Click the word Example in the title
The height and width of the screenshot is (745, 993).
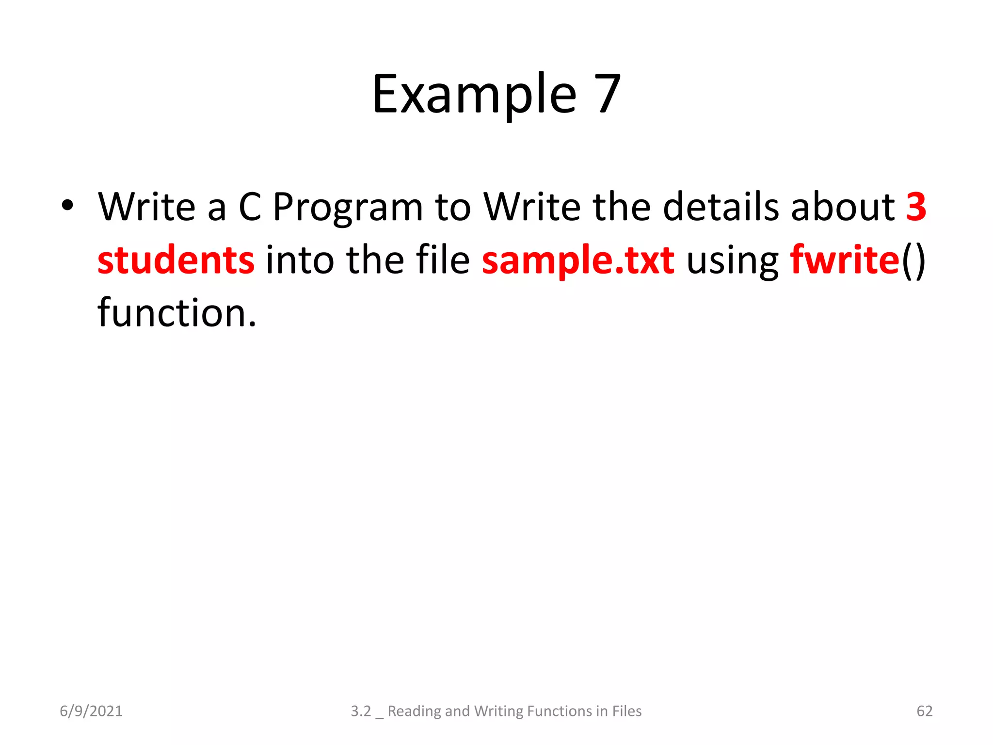point(474,95)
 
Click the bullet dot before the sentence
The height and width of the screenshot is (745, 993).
point(67,205)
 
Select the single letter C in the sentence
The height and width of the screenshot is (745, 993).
point(250,207)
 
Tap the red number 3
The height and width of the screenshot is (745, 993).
point(916,207)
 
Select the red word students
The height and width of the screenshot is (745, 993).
point(176,260)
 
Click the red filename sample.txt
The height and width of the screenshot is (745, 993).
point(578,260)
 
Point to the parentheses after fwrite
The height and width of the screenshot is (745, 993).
point(913,260)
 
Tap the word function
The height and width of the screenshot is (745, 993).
point(176,313)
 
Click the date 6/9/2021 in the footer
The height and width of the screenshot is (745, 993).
point(91,711)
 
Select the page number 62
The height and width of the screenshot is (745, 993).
point(924,711)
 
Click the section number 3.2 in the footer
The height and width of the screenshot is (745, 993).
point(361,711)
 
